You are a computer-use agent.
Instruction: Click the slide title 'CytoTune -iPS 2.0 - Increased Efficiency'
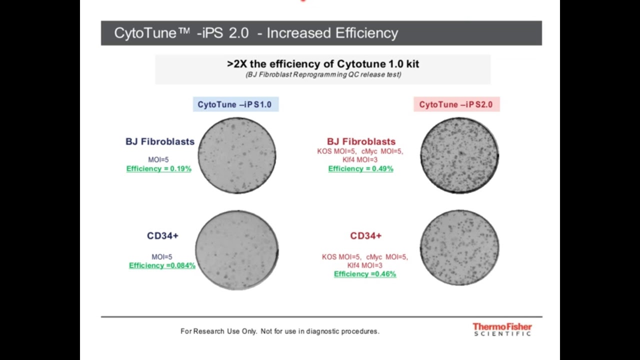click(256, 33)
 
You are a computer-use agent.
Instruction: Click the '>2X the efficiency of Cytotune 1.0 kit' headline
click(323, 64)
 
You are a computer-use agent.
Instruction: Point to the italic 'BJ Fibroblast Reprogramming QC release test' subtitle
click(323, 75)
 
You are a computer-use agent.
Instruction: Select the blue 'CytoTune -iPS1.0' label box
click(235, 104)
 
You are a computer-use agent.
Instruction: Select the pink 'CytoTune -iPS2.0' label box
click(456, 104)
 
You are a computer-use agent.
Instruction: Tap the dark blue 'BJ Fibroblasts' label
click(160, 141)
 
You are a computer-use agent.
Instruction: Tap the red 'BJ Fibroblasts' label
click(361, 141)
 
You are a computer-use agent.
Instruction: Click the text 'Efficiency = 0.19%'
click(159, 169)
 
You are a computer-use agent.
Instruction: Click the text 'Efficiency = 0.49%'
click(360, 169)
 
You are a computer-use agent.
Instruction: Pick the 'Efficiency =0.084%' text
click(162, 265)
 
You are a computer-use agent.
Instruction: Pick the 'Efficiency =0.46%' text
click(365, 274)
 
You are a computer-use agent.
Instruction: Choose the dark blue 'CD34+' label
click(162, 236)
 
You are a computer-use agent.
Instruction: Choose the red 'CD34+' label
click(366, 236)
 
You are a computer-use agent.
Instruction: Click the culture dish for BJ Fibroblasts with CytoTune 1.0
click(237, 155)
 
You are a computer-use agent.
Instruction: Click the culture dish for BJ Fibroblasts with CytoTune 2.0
click(459, 155)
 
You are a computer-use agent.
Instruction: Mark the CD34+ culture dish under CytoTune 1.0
click(236, 250)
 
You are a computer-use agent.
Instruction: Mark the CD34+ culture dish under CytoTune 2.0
click(459, 248)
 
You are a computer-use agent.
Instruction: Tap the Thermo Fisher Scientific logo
click(502, 329)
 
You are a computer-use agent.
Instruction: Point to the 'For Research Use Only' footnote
click(280, 331)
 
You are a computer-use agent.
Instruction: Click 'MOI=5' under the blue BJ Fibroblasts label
click(158, 160)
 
